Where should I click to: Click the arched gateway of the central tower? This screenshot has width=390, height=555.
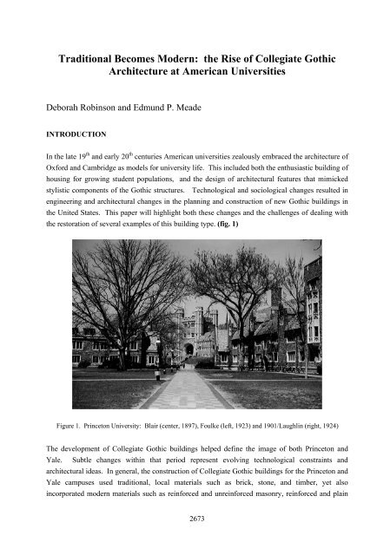point(188,349)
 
